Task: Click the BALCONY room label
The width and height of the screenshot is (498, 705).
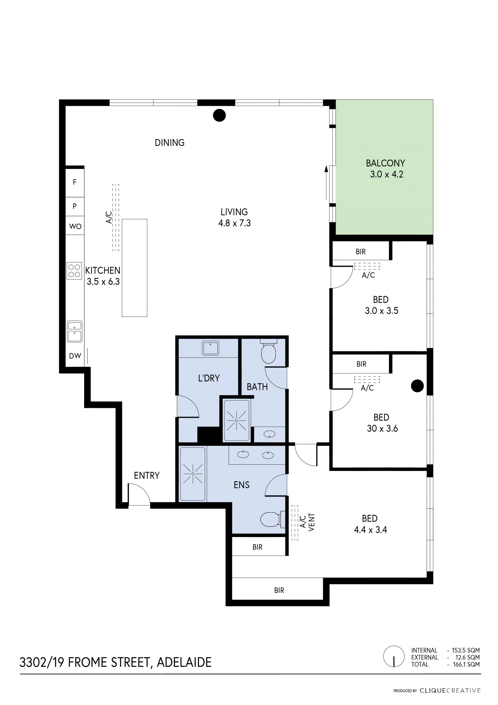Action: click(x=385, y=163)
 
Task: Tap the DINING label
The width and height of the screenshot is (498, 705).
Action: click(x=170, y=143)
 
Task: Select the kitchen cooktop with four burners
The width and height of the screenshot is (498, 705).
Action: click(x=74, y=271)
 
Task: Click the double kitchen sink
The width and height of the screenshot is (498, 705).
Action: click(x=74, y=332)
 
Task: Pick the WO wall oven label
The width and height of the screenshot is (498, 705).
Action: click(x=75, y=227)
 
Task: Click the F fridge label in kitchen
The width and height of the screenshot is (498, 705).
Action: click(x=74, y=182)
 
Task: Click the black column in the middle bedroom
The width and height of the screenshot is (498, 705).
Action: click(x=417, y=386)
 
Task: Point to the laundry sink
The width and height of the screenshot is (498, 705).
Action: click(x=210, y=348)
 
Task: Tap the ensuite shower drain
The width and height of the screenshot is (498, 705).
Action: click(x=193, y=474)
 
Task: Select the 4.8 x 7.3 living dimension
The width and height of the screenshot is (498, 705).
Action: click(x=234, y=223)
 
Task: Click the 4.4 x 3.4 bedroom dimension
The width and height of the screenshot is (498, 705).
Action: click(x=370, y=530)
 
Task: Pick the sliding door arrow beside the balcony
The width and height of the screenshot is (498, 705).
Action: click(x=326, y=183)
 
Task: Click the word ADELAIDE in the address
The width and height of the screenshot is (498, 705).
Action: click(x=184, y=663)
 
